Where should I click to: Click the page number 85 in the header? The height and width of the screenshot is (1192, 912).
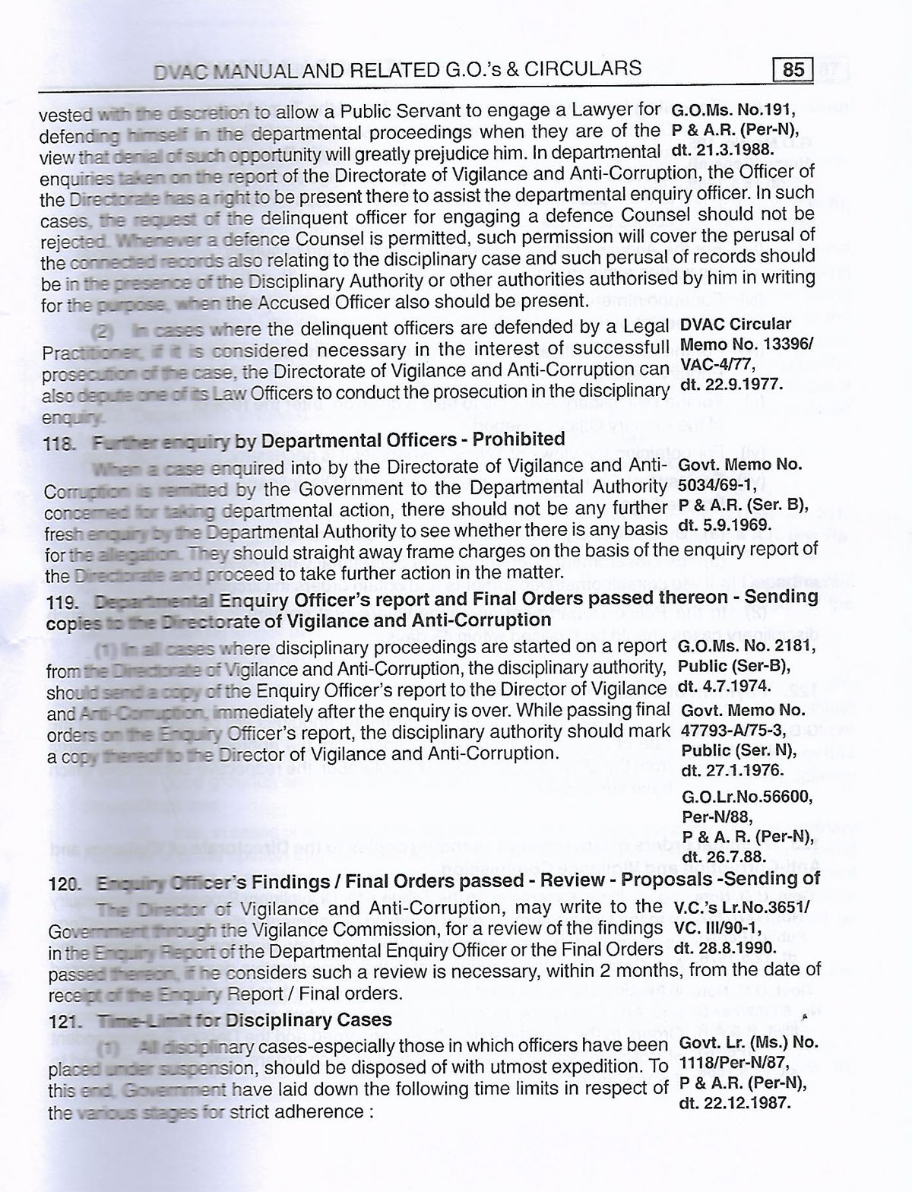pyautogui.click(x=793, y=71)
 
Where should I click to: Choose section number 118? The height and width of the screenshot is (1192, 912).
pyautogui.click(x=59, y=442)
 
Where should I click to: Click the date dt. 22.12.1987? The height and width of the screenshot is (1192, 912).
pyautogui.click(x=734, y=1102)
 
